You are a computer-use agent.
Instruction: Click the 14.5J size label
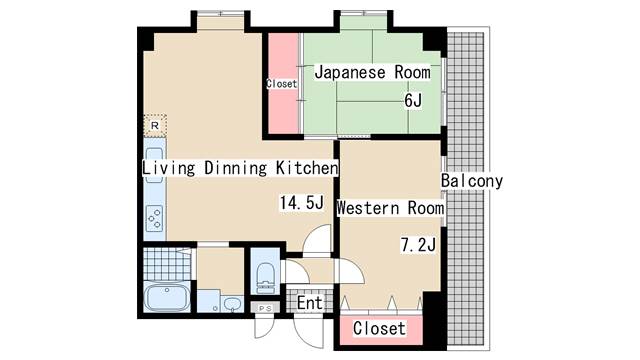point(302,202)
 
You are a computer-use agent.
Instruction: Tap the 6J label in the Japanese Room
point(413,100)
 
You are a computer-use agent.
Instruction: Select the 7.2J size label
point(418,245)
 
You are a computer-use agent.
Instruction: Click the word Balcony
point(472,181)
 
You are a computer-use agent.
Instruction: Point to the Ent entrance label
point(310,303)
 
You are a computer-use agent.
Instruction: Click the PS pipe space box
point(265,308)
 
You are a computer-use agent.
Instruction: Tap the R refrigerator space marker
point(155,126)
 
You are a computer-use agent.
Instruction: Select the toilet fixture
point(265,278)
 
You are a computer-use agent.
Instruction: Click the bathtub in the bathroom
point(167,297)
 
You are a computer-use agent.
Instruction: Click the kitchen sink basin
point(154,165)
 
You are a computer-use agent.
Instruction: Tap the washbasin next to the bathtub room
point(232,304)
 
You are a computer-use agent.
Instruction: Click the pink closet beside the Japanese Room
point(283,83)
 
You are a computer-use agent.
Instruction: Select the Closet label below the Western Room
point(380,328)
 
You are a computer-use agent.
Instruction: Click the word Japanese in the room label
point(350,72)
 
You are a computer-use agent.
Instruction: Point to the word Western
point(368,208)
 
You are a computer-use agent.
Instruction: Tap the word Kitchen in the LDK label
point(307,168)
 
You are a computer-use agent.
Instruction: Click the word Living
point(169,168)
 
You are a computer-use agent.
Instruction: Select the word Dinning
point(236,168)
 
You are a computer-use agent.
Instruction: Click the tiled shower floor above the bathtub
point(167,264)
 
